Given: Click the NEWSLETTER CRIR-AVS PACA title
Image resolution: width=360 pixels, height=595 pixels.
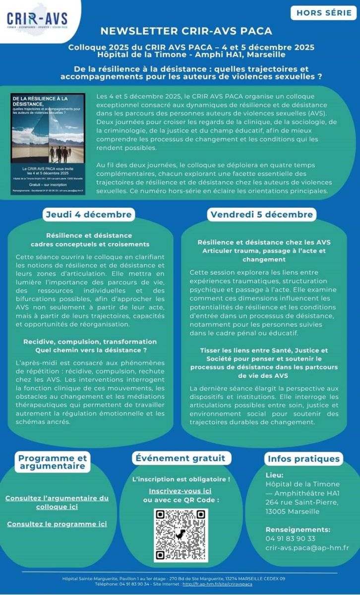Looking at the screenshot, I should (186, 31).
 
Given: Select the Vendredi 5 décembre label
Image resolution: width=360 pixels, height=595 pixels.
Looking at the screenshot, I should (261, 215).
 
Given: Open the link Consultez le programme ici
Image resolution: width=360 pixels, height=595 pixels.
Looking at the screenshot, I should (57, 524).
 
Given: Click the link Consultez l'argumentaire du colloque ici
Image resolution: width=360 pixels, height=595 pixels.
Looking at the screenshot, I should (57, 502).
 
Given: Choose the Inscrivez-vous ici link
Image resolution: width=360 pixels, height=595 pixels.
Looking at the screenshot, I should (180, 491).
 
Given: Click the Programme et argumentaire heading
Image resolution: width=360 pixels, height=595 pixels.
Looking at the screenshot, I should (53, 462).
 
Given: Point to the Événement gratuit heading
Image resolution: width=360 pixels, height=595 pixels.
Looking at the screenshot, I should (180, 458).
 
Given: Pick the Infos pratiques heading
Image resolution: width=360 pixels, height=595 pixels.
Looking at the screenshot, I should (303, 459).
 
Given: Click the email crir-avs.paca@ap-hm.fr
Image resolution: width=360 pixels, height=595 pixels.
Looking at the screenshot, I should (307, 547).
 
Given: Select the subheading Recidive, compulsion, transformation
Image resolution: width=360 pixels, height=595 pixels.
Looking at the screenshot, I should (90, 342).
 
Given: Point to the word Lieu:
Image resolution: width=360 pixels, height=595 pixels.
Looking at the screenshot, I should (275, 475).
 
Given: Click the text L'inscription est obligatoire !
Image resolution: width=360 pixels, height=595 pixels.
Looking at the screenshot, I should (181, 479).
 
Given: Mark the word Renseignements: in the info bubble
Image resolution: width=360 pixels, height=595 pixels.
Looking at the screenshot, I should (298, 529).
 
